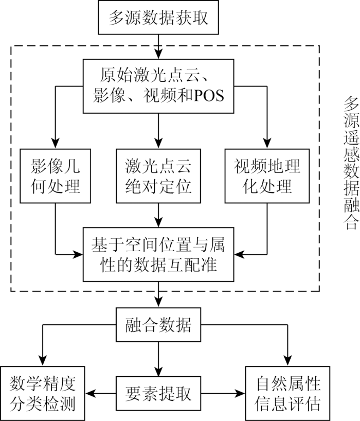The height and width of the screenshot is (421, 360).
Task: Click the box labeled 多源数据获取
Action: tap(158, 17)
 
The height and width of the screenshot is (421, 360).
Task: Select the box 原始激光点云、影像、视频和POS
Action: tap(158, 86)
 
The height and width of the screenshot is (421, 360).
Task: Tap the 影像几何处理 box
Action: tap(55, 176)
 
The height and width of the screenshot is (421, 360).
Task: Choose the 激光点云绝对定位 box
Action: tap(158, 176)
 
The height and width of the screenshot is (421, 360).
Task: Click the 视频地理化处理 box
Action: tap(267, 176)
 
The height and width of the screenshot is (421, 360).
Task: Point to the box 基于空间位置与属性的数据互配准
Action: tap(158, 254)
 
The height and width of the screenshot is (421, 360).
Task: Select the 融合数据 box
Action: tap(158, 325)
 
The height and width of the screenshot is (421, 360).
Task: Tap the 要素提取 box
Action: tap(158, 393)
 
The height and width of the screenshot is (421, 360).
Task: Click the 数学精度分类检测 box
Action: tap(42, 394)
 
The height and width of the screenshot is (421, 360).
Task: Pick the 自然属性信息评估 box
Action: tap(288, 394)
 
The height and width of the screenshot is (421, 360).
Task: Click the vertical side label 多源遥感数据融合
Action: tap(351, 163)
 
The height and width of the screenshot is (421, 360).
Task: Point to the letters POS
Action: tap(209, 96)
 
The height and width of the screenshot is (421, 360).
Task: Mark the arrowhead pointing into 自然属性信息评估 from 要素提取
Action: tap(240, 394)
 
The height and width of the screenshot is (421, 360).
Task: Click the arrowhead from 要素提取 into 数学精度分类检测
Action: tap(91, 394)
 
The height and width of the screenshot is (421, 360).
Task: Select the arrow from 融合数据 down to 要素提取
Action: tap(158, 359)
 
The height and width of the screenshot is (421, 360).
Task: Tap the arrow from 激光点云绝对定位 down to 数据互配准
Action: tap(158, 215)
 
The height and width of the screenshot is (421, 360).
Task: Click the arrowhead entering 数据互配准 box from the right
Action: tap(239, 254)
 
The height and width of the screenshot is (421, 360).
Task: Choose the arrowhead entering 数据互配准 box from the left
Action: tap(78, 254)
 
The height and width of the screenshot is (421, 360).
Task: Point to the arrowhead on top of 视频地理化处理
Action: tap(267, 144)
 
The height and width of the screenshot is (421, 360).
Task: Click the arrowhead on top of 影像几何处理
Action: tap(55, 144)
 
